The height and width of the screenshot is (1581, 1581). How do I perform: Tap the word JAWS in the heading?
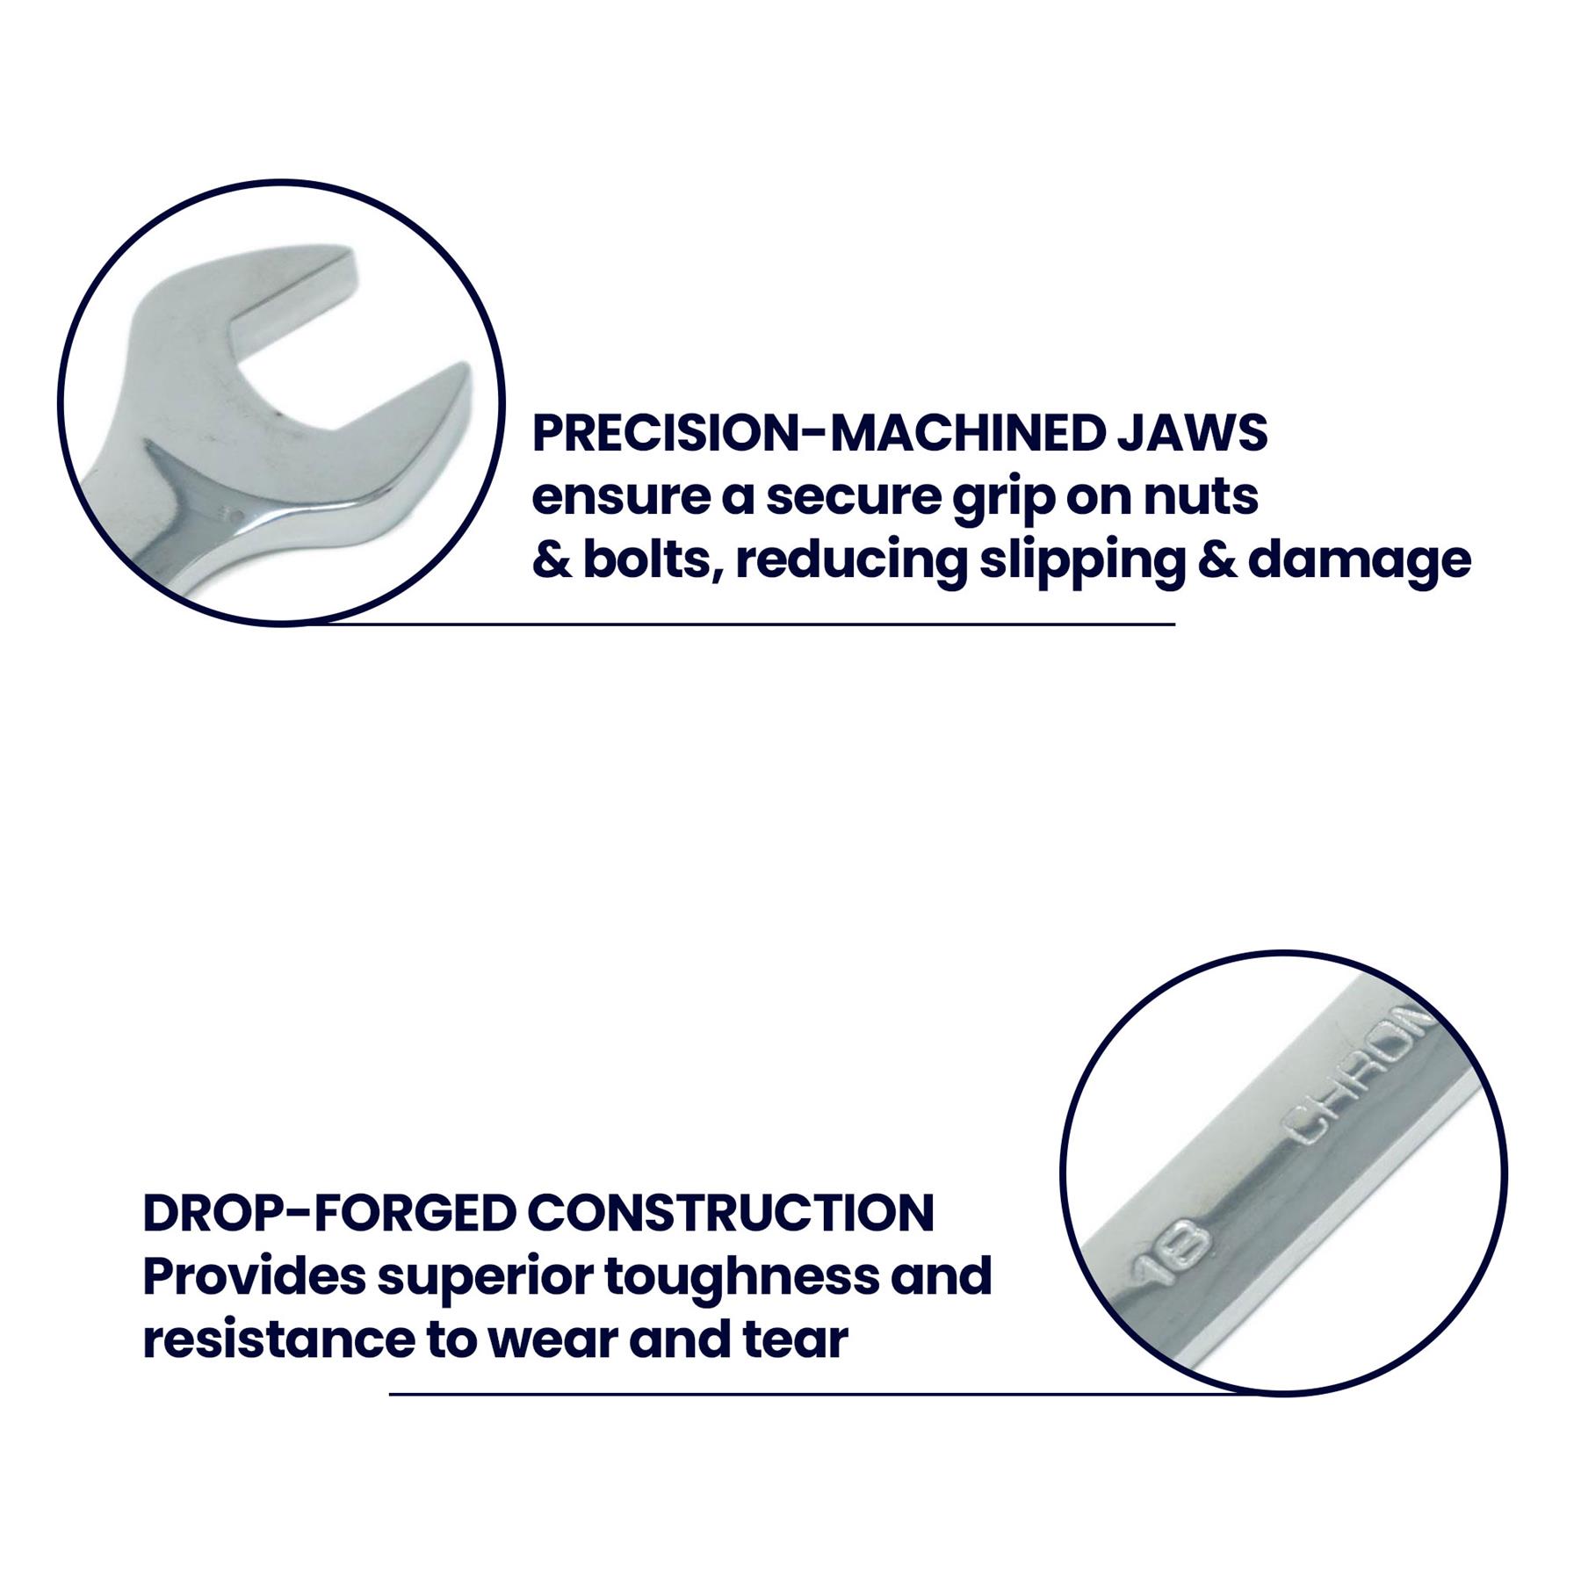point(1193,433)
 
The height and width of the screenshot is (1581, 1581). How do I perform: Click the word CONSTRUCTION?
point(731,1213)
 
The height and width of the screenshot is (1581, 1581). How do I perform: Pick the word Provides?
point(254,1277)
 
